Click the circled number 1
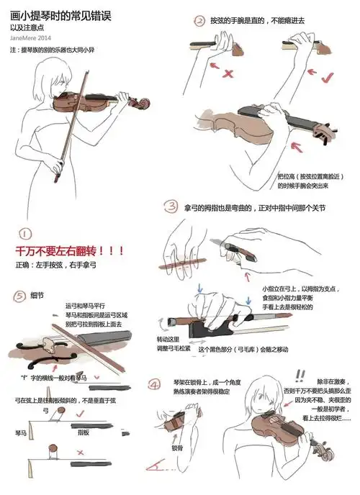click(x=24, y=234)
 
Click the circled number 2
click(x=199, y=22)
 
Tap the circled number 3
click(x=171, y=207)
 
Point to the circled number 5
click(x=19, y=295)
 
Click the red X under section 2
click(x=227, y=73)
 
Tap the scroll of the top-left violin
click(x=144, y=104)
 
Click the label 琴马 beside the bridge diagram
click(x=21, y=434)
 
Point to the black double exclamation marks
click(x=300, y=374)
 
